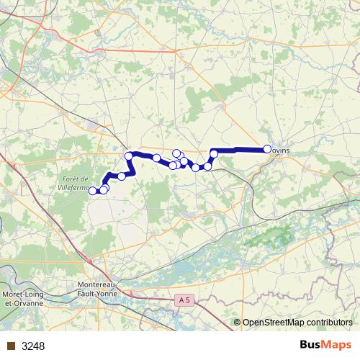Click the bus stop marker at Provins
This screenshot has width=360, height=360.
click(x=267, y=149)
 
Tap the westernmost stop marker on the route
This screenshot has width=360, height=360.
click(x=92, y=191)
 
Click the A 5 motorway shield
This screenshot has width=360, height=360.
click(x=184, y=299)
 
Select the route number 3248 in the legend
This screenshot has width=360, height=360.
click(x=33, y=346)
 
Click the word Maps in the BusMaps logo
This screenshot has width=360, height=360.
click(x=337, y=345)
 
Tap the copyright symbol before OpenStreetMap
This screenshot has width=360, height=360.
click(x=238, y=323)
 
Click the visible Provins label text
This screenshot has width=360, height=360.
click(x=281, y=150)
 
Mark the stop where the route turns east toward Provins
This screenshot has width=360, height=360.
click(x=214, y=153)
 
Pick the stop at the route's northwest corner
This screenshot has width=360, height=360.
click(x=129, y=156)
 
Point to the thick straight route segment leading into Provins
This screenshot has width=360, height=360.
click(x=241, y=150)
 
